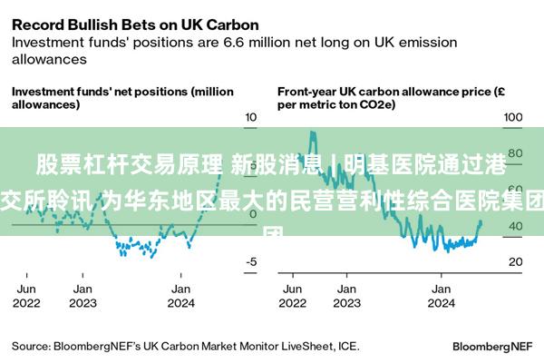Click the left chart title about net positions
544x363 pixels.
122,98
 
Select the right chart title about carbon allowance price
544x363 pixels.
391,98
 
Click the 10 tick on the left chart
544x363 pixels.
251,118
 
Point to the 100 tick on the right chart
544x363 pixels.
514,118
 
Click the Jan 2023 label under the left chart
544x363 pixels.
83,296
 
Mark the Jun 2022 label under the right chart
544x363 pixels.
292,296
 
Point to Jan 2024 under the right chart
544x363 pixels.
441,296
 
